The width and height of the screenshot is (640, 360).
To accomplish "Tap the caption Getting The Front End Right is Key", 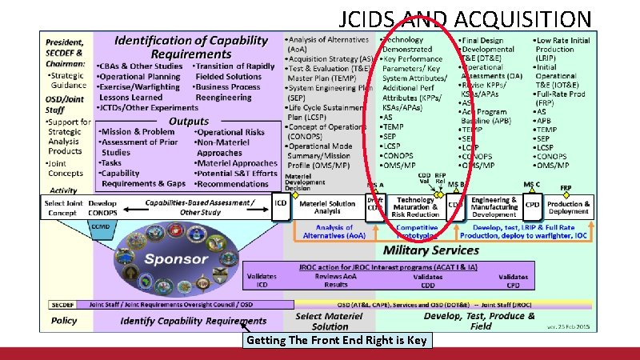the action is (337, 340).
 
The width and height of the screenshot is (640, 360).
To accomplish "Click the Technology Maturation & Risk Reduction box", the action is (415, 207).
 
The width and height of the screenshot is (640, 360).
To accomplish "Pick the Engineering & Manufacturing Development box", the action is (494, 207).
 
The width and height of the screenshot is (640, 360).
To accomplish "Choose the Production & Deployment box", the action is (569, 207).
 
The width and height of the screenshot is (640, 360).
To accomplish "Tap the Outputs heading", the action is (189, 121).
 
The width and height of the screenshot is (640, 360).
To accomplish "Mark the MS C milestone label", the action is (532, 185).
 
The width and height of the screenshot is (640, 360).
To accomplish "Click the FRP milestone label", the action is (566, 187).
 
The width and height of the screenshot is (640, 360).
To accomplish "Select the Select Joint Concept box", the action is (64, 207).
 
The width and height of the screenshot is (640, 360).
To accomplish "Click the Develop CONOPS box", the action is (102, 207).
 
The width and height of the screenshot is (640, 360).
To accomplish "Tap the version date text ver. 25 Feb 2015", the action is (568, 327).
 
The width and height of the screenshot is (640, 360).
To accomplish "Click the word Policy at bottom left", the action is (64, 320).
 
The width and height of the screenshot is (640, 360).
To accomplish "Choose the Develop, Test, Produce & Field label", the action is (479, 321).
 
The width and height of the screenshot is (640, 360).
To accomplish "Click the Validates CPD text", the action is (513, 280).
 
